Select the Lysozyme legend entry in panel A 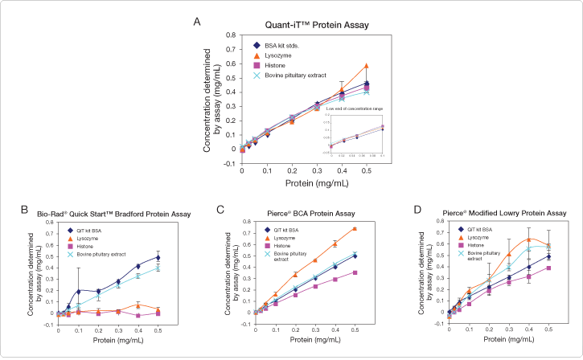pos(277,55)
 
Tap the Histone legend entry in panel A pos(275,65)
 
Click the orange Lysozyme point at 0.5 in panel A pos(367,66)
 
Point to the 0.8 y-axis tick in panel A pos(235,35)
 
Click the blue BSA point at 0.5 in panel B pos(158,257)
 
